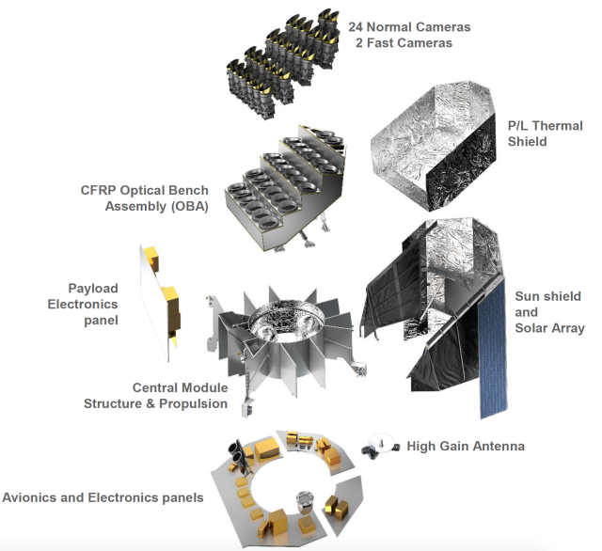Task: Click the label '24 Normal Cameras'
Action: [x=408, y=27]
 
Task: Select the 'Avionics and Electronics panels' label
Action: [x=103, y=496]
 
